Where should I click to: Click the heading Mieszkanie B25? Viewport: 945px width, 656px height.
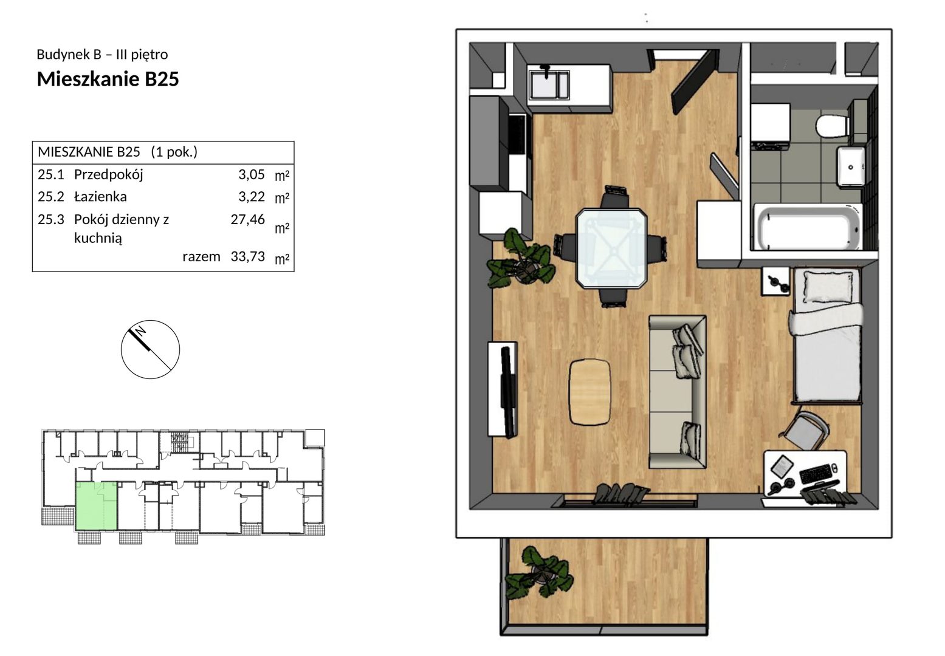point(108,79)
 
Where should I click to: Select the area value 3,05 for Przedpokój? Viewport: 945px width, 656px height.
point(252,174)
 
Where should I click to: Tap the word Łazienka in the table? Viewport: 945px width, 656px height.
point(100,196)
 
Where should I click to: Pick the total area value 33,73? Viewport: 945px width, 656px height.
point(247,256)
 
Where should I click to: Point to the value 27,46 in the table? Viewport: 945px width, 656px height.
point(247,219)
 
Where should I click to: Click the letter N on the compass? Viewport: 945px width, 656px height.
point(141,330)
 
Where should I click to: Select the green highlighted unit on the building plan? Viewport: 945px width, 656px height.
point(96,507)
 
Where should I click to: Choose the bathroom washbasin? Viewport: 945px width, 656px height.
point(850,166)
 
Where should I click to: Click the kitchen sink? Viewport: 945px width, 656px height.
point(549,84)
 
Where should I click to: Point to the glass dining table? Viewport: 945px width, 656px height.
point(611,248)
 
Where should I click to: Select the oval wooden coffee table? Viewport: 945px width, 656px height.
point(589,392)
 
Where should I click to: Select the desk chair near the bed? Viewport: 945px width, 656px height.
point(803,432)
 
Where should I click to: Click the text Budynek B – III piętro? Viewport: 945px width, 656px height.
point(102,55)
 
